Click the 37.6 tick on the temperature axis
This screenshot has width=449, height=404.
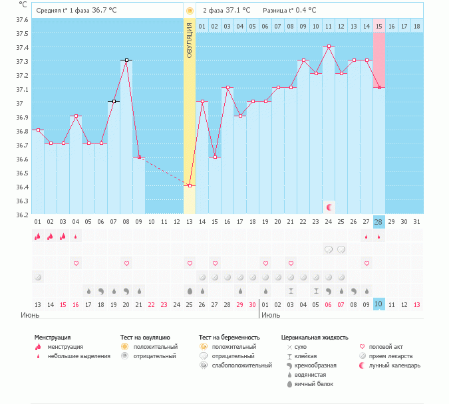click(x=23, y=19)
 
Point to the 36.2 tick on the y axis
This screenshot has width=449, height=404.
click(x=23, y=215)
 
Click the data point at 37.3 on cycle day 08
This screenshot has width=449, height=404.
click(x=126, y=60)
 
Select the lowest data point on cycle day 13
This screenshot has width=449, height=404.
click(x=190, y=185)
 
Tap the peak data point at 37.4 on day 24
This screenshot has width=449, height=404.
click(x=329, y=47)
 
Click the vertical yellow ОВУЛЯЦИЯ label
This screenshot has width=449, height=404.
click(x=190, y=41)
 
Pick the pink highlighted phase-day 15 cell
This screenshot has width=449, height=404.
click(x=379, y=26)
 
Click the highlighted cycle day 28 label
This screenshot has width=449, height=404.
click(x=379, y=221)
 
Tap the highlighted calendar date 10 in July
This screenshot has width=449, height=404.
click(x=379, y=304)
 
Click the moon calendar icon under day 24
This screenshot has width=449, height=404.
click(x=329, y=207)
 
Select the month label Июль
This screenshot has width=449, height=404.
click(x=270, y=315)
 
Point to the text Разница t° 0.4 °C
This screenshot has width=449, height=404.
click(x=289, y=11)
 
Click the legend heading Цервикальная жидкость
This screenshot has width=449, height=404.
click(x=314, y=338)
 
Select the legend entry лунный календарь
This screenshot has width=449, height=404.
click(x=390, y=365)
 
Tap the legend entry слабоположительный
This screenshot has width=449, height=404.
click(x=241, y=365)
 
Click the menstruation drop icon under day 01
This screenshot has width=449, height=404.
click(x=37, y=236)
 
